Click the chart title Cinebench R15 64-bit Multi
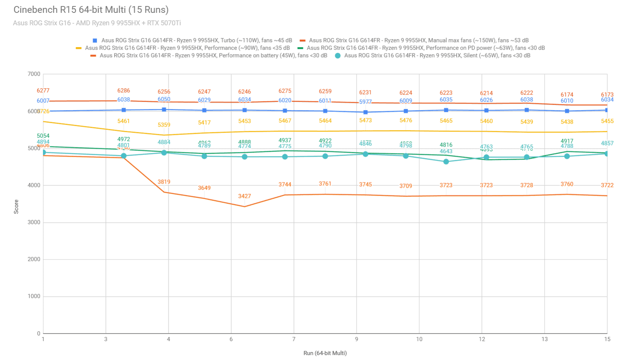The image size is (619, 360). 91,10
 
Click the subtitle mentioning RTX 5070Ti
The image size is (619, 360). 97,23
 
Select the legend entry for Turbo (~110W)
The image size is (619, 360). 196,40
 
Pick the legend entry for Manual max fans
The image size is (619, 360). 419,40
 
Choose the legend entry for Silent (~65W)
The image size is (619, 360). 437,55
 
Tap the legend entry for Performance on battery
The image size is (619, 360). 213,55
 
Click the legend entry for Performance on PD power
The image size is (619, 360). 425,48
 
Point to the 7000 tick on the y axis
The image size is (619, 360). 34,74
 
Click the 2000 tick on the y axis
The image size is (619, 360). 34,259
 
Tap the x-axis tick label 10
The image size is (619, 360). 419,339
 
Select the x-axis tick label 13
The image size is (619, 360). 544,339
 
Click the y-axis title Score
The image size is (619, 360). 16,207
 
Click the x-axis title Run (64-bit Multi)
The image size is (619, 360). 325,353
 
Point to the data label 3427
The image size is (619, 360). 245,196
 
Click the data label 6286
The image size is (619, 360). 124,90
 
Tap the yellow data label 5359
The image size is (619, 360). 164,125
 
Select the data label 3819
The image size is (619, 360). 164,182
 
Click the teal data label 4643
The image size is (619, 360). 446,152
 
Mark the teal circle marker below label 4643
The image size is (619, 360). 446,162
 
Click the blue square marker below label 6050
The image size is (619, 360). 164,110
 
